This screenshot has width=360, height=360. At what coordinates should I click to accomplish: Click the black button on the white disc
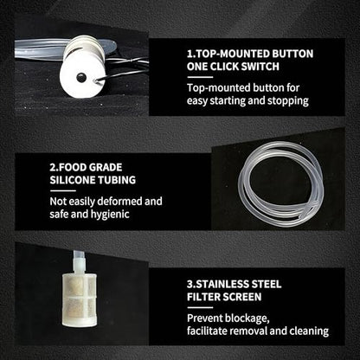click(80, 77)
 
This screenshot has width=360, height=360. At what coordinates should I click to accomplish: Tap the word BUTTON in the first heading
click(292, 54)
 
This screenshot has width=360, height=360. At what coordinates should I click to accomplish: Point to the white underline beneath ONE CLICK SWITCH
click(200, 77)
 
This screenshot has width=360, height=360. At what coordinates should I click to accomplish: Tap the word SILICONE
click(73, 180)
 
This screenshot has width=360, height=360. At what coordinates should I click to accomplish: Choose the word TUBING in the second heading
click(117, 180)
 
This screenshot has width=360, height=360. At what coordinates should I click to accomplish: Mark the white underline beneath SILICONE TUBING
click(62, 190)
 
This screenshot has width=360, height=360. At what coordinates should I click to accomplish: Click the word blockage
click(247, 318)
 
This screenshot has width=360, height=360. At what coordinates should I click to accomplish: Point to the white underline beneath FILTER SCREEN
click(200, 307)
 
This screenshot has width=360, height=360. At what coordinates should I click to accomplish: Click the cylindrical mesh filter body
click(80, 300)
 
